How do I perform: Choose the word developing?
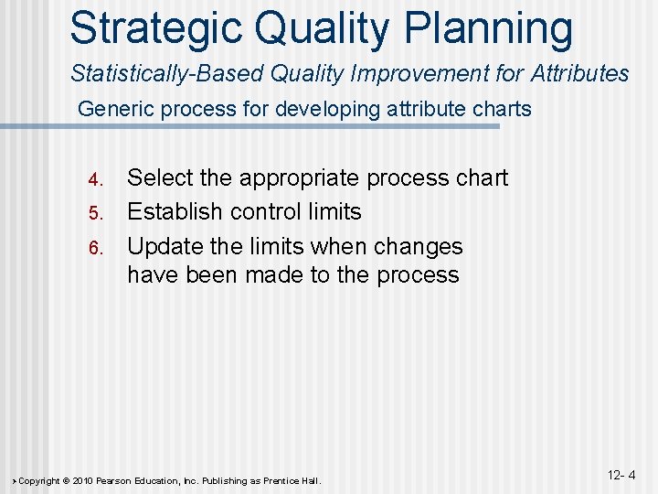click(x=313, y=110)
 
